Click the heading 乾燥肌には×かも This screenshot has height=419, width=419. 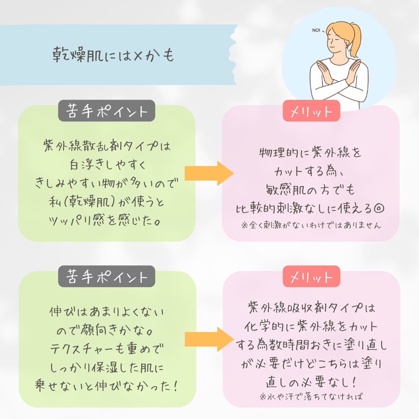(113, 55)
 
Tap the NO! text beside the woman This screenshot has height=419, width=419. (316, 30)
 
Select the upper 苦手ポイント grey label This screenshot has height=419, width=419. (107, 111)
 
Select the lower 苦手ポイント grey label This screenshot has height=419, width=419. (107, 277)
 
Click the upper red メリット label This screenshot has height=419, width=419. (311, 111)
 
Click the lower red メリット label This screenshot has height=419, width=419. (311, 277)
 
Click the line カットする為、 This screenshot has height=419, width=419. (310, 171)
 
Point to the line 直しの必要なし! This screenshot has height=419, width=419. (311, 382)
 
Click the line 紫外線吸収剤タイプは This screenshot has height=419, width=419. (311, 309)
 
